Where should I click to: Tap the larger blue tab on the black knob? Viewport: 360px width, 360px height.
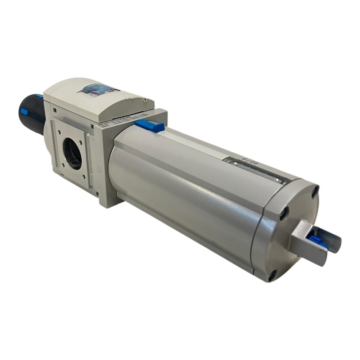[x=24, y=111]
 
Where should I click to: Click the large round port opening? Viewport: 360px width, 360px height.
[x=72, y=153]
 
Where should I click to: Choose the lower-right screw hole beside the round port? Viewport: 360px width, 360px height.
[x=84, y=176]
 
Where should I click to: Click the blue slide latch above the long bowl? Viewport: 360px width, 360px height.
[x=150, y=126]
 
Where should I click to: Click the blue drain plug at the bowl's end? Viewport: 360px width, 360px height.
[x=317, y=241]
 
